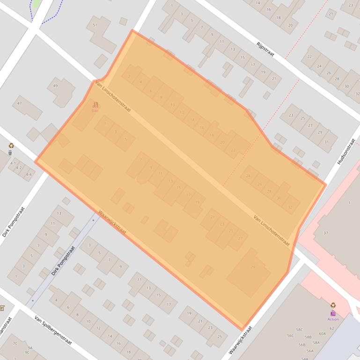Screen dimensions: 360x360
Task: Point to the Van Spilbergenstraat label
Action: tap(53, 330)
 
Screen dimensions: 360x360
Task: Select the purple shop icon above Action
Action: tap(333, 313)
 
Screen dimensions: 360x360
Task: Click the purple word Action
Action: tap(333, 319)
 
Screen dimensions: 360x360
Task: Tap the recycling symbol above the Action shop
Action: tap(333, 305)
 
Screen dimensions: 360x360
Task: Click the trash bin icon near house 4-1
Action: tap(10, 152)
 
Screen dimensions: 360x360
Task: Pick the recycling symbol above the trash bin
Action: tap(11, 145)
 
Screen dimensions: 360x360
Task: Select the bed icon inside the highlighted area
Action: tap(96, 104)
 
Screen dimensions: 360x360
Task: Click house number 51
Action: tap(95, 25)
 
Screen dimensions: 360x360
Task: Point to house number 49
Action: tap(56, 86)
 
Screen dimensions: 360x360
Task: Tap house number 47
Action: tap(20, 103)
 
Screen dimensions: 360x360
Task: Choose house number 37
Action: tap(326, 233)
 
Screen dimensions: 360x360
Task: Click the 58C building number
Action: tap(299, 330)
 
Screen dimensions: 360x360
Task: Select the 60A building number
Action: tap(322, 333)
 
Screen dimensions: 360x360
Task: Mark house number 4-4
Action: tap(29, 174)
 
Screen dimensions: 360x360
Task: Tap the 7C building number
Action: tap(15, 343)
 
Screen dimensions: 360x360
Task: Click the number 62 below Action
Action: tap(331, 328)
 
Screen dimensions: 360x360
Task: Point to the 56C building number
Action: tap(290, 335)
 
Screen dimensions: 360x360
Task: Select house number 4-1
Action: tap(13, 163)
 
